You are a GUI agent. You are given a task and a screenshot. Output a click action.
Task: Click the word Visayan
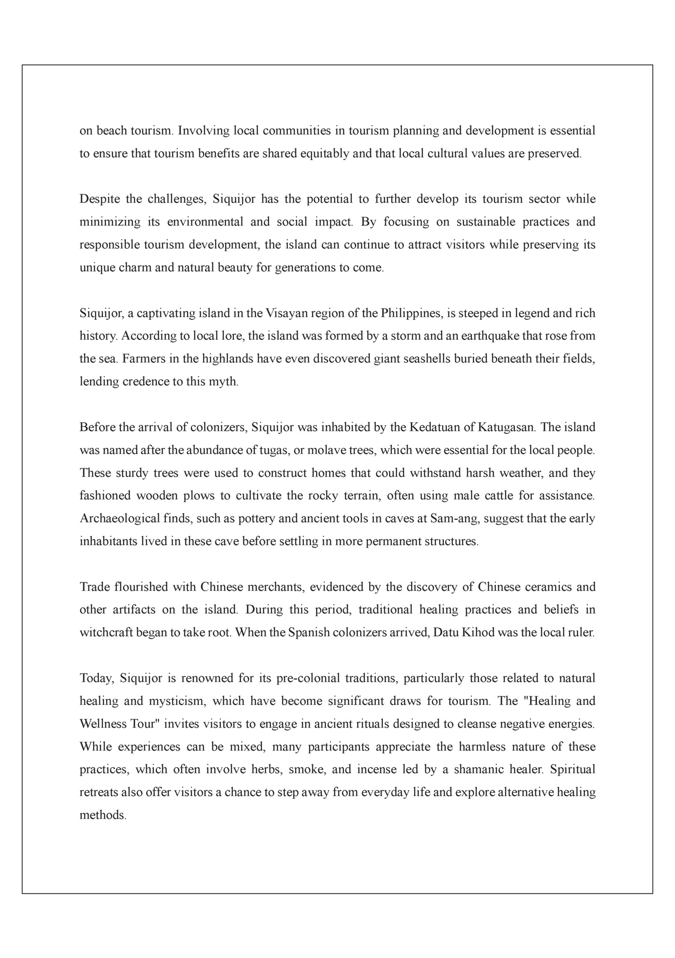(286, 313)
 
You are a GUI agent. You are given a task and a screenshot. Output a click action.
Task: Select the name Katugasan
(506, 428)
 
